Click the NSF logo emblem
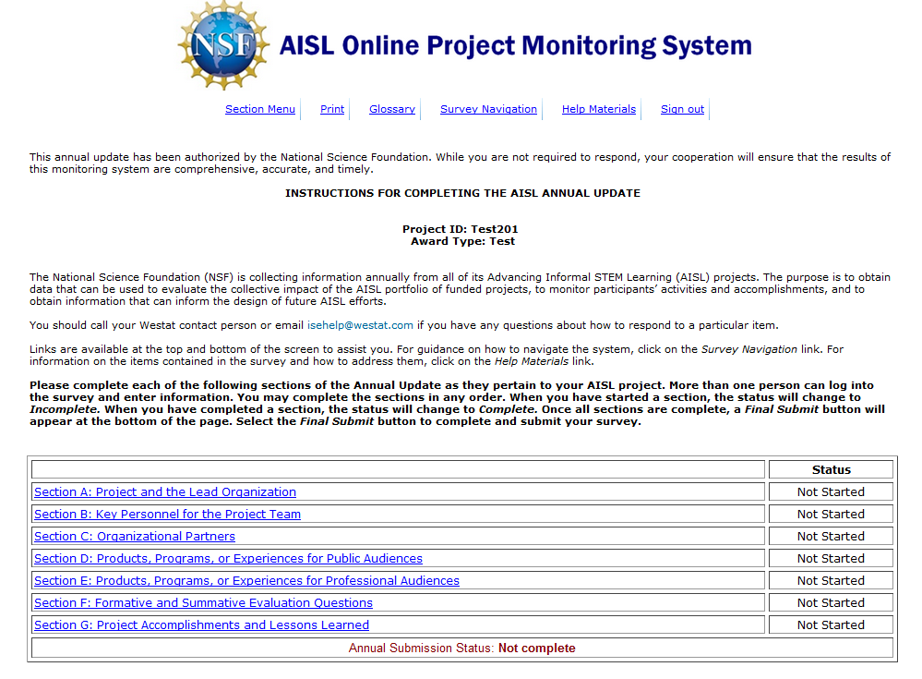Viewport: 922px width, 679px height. pos(223,44)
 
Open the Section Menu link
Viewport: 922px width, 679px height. pos(260,109)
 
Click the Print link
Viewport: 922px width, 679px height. pos(332,109)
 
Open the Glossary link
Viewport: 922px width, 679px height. pos(392,109)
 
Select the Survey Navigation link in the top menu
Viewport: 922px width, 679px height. pos(488,109)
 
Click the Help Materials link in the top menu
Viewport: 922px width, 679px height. pos(599,109)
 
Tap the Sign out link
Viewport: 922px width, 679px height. pos(682,109)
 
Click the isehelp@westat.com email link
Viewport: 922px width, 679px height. pos(361,325)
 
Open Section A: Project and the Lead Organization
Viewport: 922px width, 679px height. pos(165,492)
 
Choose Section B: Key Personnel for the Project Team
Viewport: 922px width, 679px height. pos(167,515)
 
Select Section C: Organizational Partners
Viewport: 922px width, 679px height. pos(135,537)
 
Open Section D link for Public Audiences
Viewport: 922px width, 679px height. pos(228,559)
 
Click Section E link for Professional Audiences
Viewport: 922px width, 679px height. pos(246,581)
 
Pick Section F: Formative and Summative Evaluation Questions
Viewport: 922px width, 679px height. pos(203,603)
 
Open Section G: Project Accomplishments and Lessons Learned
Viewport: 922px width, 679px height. pos(201,625)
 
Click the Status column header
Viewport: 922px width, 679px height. pos(831,469)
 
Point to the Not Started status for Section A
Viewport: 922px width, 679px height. pos(831,492)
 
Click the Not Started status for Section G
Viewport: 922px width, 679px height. pos(831,625)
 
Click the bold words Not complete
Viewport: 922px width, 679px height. pos(536,649)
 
